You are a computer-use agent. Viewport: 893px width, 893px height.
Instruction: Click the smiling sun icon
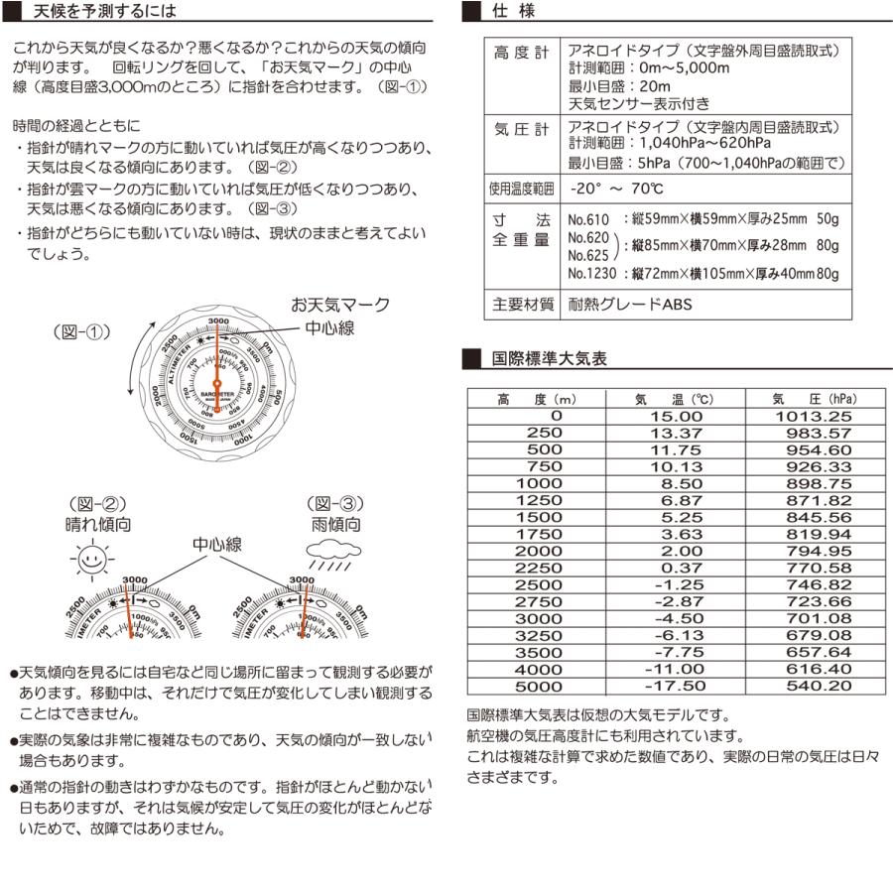coord(90,562)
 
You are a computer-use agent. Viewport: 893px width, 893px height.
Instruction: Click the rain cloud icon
coord(333,554)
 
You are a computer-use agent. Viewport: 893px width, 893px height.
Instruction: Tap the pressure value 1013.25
coord(814,417)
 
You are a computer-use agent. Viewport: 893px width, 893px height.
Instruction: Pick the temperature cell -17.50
coord(675,687)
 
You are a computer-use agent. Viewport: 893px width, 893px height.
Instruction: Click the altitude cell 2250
coord(544,569)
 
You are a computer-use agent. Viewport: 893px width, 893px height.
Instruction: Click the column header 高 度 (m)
coord(544,399)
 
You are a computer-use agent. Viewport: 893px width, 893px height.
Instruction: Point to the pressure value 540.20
coord(814,687)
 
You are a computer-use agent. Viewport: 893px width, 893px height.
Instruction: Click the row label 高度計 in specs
coord(521,53)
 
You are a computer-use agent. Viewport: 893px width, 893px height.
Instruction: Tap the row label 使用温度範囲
coord(521,188)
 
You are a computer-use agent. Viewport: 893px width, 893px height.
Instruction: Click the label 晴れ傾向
coord(97,524)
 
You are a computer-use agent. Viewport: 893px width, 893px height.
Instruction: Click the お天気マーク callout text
coord(339,305)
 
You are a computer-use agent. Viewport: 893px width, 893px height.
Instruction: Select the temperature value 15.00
coord(675,417)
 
